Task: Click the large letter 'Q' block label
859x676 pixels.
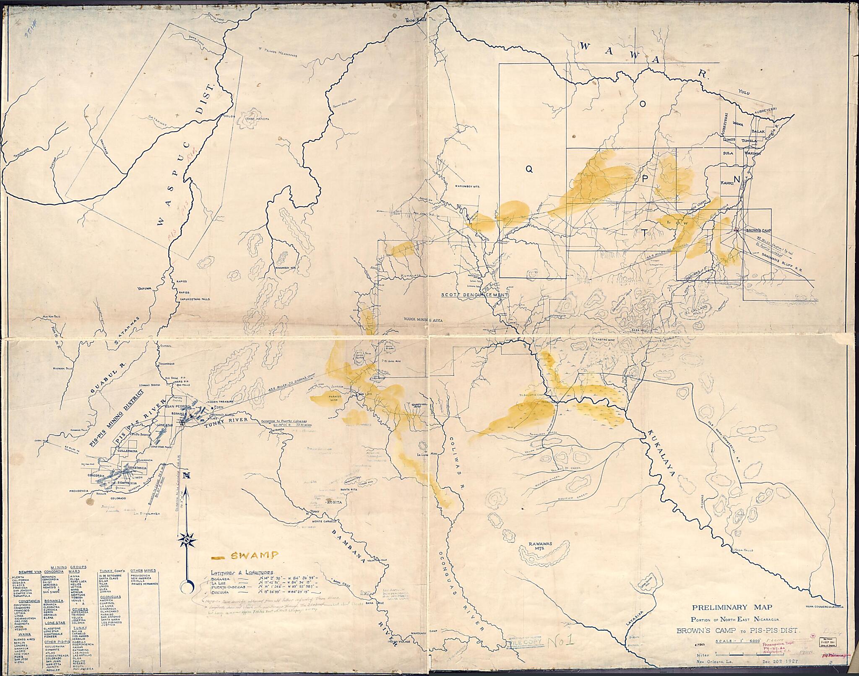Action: coord(529,169)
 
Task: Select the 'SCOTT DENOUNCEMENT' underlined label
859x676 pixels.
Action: coord(474,295)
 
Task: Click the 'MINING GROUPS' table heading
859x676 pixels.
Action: coord(68,567)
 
